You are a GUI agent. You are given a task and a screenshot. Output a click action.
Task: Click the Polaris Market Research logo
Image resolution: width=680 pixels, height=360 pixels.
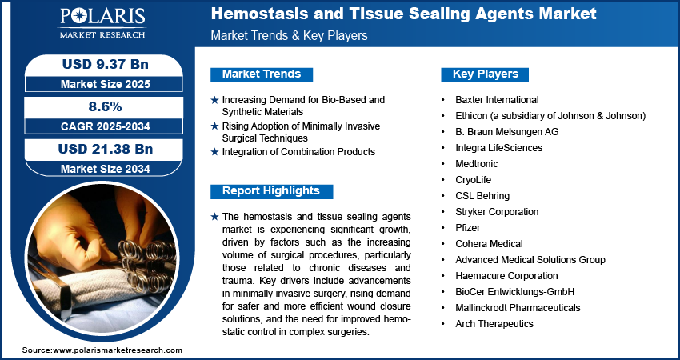coord(102,23)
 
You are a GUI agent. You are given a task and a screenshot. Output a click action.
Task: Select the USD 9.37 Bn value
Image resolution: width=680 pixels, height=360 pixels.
coord(106,64)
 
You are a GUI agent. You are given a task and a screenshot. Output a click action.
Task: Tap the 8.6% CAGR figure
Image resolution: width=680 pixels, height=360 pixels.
coord(104,106)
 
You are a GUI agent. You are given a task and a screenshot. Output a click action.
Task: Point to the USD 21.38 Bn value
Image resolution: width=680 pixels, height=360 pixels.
coord(106,149)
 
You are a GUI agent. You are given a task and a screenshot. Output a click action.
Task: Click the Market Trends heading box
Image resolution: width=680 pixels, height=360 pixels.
coord(262,74)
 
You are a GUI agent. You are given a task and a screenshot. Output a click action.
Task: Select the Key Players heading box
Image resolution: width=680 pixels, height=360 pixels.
coord(485,74)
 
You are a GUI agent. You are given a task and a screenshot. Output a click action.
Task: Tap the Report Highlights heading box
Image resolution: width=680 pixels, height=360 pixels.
coord(271,191)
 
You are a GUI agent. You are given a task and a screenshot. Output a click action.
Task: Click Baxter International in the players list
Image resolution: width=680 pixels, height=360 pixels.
coord(497,100)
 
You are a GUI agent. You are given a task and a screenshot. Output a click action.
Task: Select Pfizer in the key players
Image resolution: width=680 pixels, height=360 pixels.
coord(467,228)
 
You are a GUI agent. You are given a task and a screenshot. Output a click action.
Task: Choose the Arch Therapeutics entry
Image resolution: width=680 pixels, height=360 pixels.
coord(494,323)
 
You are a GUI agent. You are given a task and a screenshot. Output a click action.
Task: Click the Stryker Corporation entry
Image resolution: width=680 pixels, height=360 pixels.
coord(497,212)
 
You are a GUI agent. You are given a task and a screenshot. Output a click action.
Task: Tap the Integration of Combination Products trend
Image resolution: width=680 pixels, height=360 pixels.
coord(298,152)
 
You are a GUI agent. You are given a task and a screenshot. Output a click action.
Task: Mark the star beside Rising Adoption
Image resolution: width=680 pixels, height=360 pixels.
coord(214,126)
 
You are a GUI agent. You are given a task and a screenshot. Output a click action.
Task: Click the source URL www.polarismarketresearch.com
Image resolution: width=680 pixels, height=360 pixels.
coord(118,350)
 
